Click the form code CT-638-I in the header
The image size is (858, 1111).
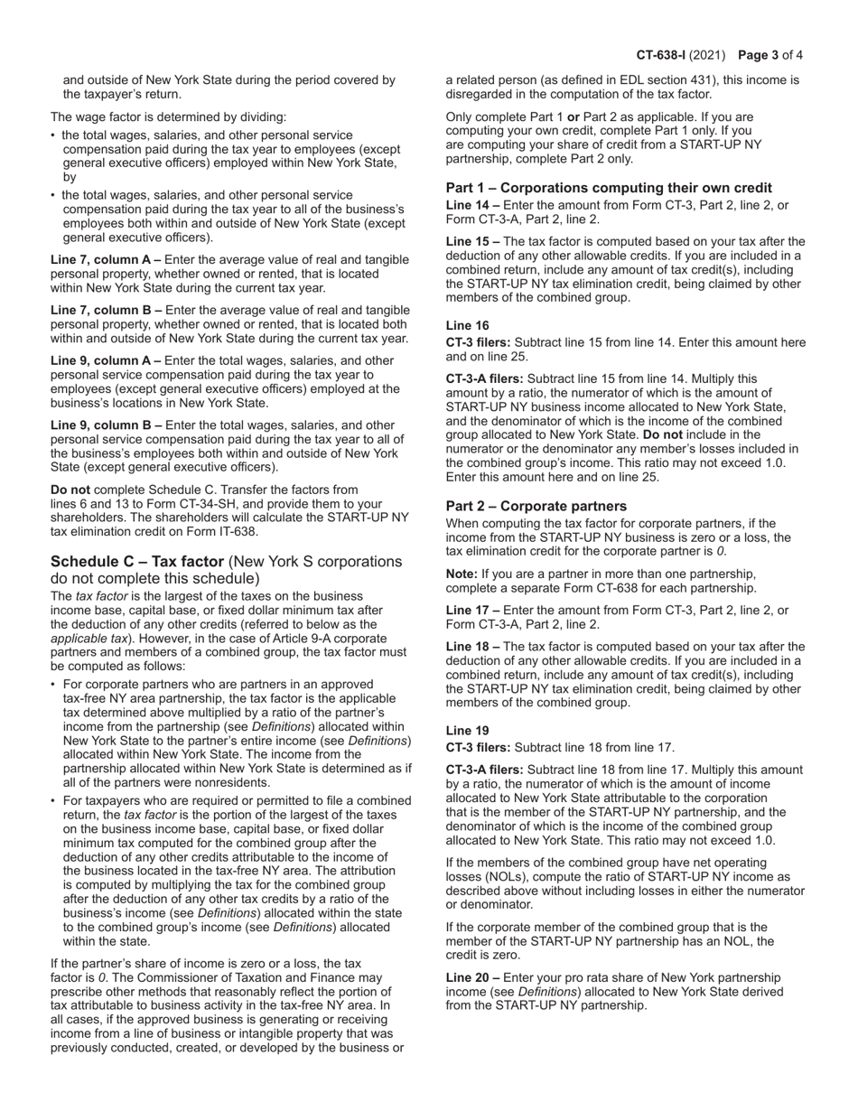click(x=663, y=55)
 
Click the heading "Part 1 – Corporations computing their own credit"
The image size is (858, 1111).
click(x=609, y=188)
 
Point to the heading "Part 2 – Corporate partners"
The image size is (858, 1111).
click(x=536, y=506)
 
